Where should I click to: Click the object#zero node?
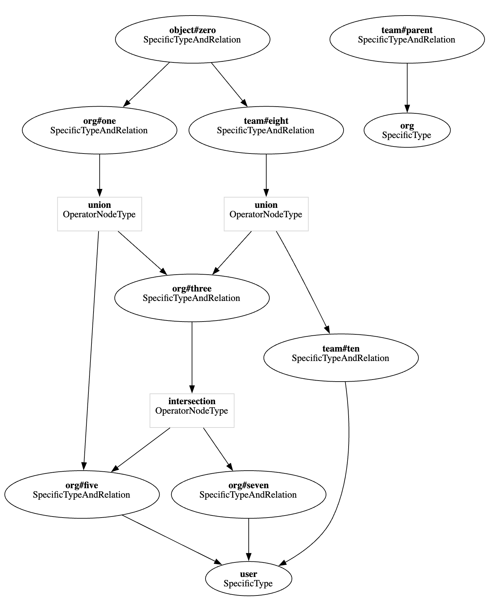pyautogui.click(x=192, y=39)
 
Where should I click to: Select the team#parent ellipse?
pyautogui.click(x=407, y=39)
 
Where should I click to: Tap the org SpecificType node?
pyautogui.click(x=407, y=130)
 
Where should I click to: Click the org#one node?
pyautogui.click(x=100, y=130)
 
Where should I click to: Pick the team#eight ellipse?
pyautogui.click(x=266, y=130)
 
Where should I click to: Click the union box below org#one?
pyautogui.click(x=100, y=214)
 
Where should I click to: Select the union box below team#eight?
pyautogui.click(x=266, y=214)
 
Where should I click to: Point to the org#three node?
pyautogui.click(x=192, y=298)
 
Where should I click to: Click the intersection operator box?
pyautogui.click(x=192, y=410)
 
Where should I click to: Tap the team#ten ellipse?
pyautogui.click(x=341, y=358)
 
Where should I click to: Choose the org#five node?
pyautogui.click(x=82, y=494)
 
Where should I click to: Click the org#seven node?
pyautogui.click(x=249, y=494)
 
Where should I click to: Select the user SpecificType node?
pyautogui.click(x=249, y=579)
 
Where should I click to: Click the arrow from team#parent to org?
pyautogui.click(x=407, y=88)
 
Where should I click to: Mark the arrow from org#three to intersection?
pyautogui.click(x=192, y=358)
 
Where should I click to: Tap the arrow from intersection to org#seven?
pyautogui.click(x=218, y=449)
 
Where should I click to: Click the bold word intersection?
pyautogui.click(x=192, y=401)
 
